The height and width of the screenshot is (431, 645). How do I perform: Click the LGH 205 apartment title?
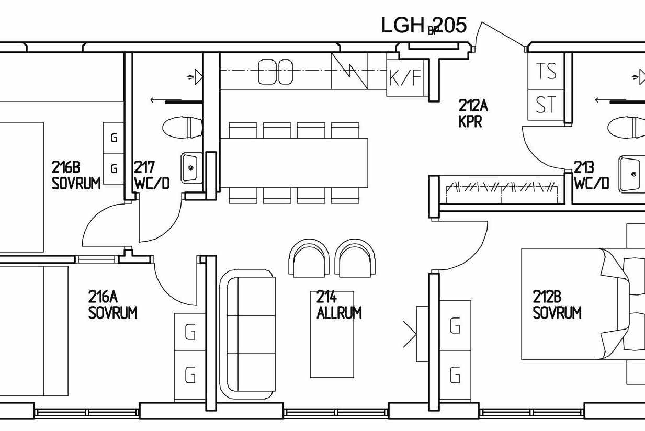tap(424, 25)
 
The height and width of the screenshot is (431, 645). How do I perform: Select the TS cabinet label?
tap(546, 71)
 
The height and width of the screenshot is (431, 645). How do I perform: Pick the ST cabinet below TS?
tap(546, 105)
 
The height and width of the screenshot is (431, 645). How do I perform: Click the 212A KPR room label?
tap(473, 114)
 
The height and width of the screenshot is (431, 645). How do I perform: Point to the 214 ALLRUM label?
tap(339, 305)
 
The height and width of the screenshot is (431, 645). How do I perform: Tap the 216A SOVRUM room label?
tap(112, 305)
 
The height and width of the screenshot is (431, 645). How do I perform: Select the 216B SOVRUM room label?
tap(76, 175)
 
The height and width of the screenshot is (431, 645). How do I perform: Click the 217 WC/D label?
tap(152, 175)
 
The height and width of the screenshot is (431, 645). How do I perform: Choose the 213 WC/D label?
tap(592, 175)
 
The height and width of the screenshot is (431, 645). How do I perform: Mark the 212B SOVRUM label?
tap(557, 305)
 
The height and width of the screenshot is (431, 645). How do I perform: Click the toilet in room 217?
tap(183, 128)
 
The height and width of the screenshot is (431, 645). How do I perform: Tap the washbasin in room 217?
tap(191, 168)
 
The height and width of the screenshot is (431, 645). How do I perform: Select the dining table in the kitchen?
tap(294, 163)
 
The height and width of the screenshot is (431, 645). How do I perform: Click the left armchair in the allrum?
tap(309, 258)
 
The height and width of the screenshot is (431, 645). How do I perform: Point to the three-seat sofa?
tap(247, 334)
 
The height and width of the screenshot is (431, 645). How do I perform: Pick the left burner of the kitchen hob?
tap(267, 72)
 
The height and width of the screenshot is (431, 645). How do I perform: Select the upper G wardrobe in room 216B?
tap(114, 138)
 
